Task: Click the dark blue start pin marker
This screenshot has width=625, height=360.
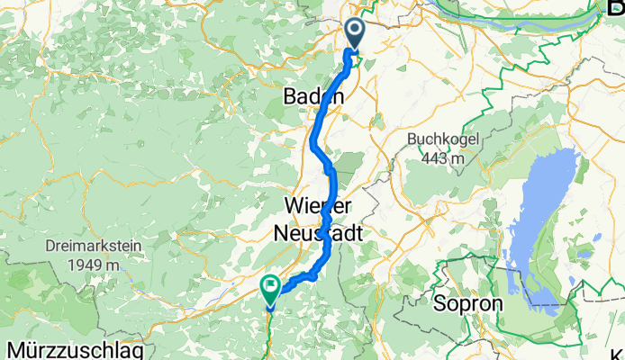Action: pyautogui.click(x=353, y=34)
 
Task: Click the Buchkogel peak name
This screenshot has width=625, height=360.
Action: pyautogui.click(x=440, y=140)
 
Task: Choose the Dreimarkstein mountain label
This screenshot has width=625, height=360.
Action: pyautogui.click(x=82, y=246)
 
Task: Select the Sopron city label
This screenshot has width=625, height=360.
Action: pyautogui.click(x=467, y=302)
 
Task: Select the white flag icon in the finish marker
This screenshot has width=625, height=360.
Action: pyautogui.click(x=271, y=286)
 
